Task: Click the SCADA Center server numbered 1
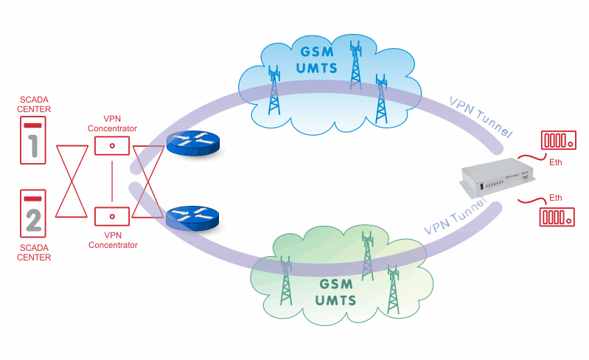click(x=33, y=140)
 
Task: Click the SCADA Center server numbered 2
click(x=33, y=213)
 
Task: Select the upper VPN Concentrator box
click(x=112, y=146)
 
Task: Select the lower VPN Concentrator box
click(x=112, y=216)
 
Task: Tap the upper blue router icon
click(x=192, y=143)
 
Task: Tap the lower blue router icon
click(x=192, y=218)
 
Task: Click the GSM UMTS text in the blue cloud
click(x=317, y=60)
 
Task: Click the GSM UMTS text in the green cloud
click(x=335, y=292)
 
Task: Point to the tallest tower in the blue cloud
click(x=355, y=65)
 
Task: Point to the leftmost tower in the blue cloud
click(x=274, y=90)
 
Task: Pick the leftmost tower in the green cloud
click(x=286, y=280)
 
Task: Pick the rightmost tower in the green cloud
click(x=394, y=289)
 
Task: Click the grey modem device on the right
click(x=498, y=177)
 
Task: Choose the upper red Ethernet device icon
click(x=559, y=140)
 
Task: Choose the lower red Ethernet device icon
click(x=557, y=217)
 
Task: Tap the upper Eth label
click(x=556, y=162)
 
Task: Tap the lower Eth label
click(x=556, y=198)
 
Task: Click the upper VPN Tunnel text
click(x=481, y=117)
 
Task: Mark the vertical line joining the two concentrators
click(x=112, y=181)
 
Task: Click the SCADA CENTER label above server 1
click(x=34, y=105)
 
